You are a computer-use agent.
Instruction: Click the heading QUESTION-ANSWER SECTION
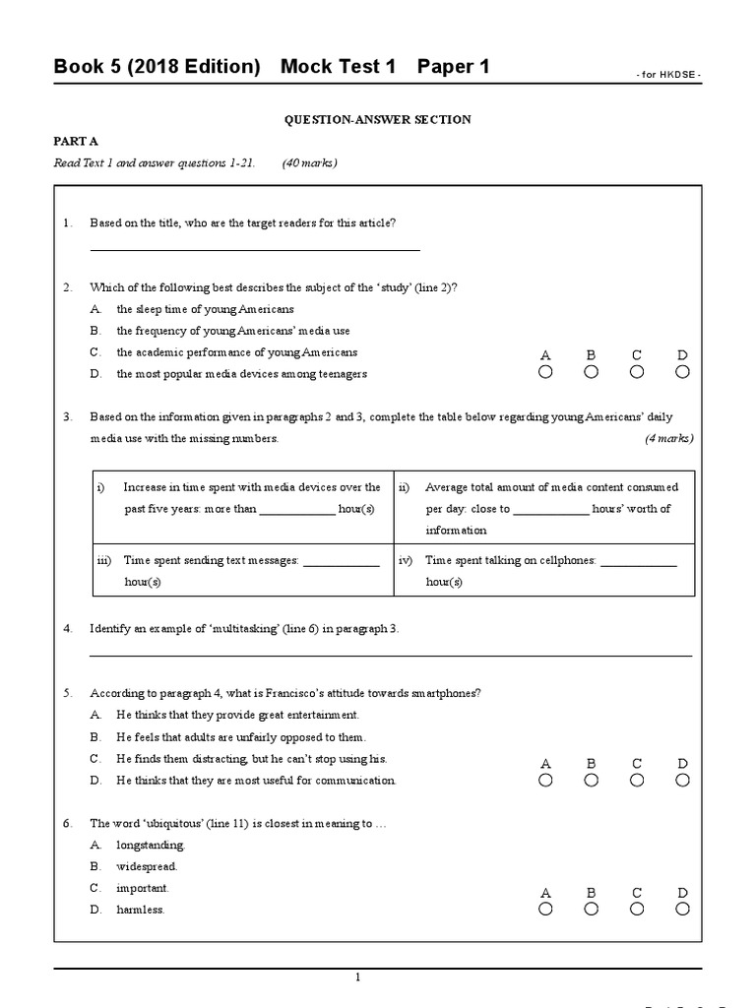tap(378, 120)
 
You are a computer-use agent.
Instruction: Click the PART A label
tap(72, 142)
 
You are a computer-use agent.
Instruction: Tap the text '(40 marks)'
tap(309, 163)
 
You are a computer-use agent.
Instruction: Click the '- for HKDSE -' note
tap(667, 75)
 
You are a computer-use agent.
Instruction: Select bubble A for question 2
tap(545, 372)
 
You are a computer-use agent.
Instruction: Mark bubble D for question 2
tap(683, 372)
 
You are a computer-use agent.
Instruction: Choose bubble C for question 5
tap(637, 781)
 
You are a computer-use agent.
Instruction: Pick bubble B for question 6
tap(591, 909)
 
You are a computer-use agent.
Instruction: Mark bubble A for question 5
tap(545, 781)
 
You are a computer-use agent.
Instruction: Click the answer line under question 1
tap(255, 250)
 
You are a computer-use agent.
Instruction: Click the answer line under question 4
tap(391, 655)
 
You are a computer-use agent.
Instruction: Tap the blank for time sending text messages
tap(342, 564)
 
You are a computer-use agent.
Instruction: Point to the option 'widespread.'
tap(147, 867)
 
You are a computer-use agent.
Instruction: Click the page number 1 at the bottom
tap(358, 976)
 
